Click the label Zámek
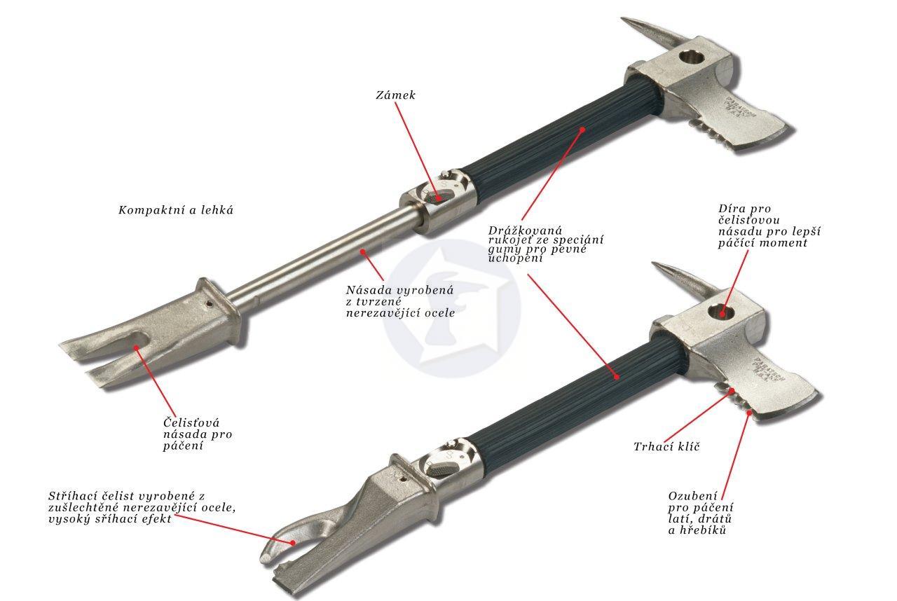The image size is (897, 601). (396, 95)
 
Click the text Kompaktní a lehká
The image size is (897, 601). (176, 210)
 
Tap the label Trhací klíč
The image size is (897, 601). (666, 447)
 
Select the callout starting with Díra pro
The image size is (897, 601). (769, 226)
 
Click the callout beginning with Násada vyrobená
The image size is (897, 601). (400, 301)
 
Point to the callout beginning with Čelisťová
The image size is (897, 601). (198, 434)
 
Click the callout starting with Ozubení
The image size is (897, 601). (701, 513)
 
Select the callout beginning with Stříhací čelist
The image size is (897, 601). (142, 507)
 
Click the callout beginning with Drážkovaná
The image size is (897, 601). (545, 244)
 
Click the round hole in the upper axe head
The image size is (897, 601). (692, 57)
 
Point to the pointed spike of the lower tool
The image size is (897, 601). (685, 280)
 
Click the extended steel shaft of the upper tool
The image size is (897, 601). (320, 256)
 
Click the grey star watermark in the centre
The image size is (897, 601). (452, 309)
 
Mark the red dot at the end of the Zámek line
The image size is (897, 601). (439, 198)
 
